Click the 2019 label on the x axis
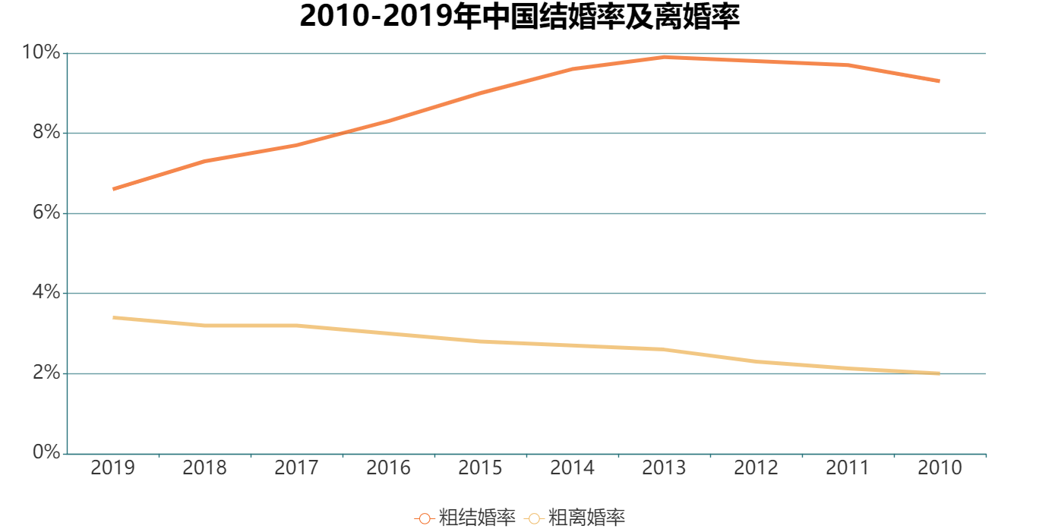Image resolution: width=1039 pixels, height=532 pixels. tap(112, 467)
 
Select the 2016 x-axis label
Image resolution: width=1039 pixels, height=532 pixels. tap(388, 467)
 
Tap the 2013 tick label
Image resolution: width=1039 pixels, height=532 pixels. tap(664, 467)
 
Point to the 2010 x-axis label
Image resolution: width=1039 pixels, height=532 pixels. tap(940, 467)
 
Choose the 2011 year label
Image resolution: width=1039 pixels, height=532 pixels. tap(848, 467)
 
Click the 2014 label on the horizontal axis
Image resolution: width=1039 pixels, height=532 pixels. tap(572, 467)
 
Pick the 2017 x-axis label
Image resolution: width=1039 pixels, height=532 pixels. tap(296, 467)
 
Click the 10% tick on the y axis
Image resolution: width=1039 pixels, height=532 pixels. tap(41, 52)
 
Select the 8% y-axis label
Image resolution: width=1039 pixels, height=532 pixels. tap(45, 133)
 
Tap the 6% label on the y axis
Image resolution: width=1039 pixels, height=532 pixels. tap(45, 213)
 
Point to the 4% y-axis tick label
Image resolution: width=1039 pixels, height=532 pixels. tap(45, 293)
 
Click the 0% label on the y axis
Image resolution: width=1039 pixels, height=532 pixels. tap(45, 453)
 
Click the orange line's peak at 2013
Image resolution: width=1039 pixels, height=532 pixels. tap(664, 57)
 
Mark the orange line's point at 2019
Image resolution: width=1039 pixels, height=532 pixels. tap(113, 189)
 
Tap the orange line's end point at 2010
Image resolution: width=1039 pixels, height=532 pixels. tap(940, 81)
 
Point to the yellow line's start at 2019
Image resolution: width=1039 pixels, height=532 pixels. tap(113, 317)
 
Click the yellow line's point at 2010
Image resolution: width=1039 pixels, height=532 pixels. tap(940, 373)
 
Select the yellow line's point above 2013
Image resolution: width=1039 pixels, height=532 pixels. tap(664, 349)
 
